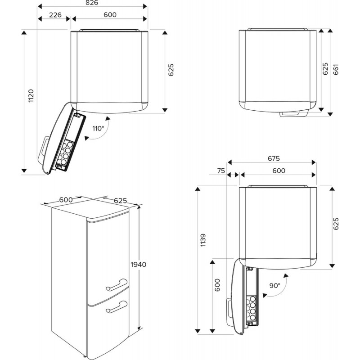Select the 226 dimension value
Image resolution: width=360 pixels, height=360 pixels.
tap(54, 15)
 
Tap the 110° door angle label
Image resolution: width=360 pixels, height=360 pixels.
tap(98, 129)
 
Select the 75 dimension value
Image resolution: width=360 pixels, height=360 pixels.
tap(221, 171)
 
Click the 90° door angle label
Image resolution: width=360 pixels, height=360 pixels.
tap(274, 285)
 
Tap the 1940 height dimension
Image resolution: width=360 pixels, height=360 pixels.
tap(138, 264)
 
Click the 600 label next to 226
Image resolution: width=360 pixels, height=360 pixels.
tap(109, 15)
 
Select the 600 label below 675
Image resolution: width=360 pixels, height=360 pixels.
tap(279, 171)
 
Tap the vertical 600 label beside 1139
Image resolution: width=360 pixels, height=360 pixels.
tap(218, 287)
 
